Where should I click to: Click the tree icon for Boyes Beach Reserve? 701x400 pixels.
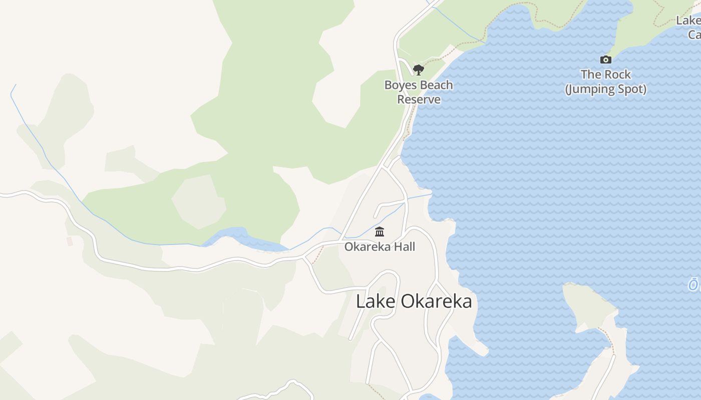click(419, 70)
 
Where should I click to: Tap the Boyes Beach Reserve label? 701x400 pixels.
click(419, 92)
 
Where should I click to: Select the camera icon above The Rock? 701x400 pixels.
click(606, 60)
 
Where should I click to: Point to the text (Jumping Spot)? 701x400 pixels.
click(606, 89)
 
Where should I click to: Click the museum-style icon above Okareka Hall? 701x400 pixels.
click(380, 232)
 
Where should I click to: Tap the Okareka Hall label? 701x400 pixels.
click(380, 246)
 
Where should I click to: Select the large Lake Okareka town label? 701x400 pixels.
click(414, 301)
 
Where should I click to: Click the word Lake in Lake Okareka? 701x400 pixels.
click(370, 301)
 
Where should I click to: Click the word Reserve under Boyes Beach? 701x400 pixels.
click(419, 99)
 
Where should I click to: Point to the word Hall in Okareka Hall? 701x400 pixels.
click(404, 246)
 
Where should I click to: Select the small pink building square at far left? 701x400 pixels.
click(70, 241)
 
